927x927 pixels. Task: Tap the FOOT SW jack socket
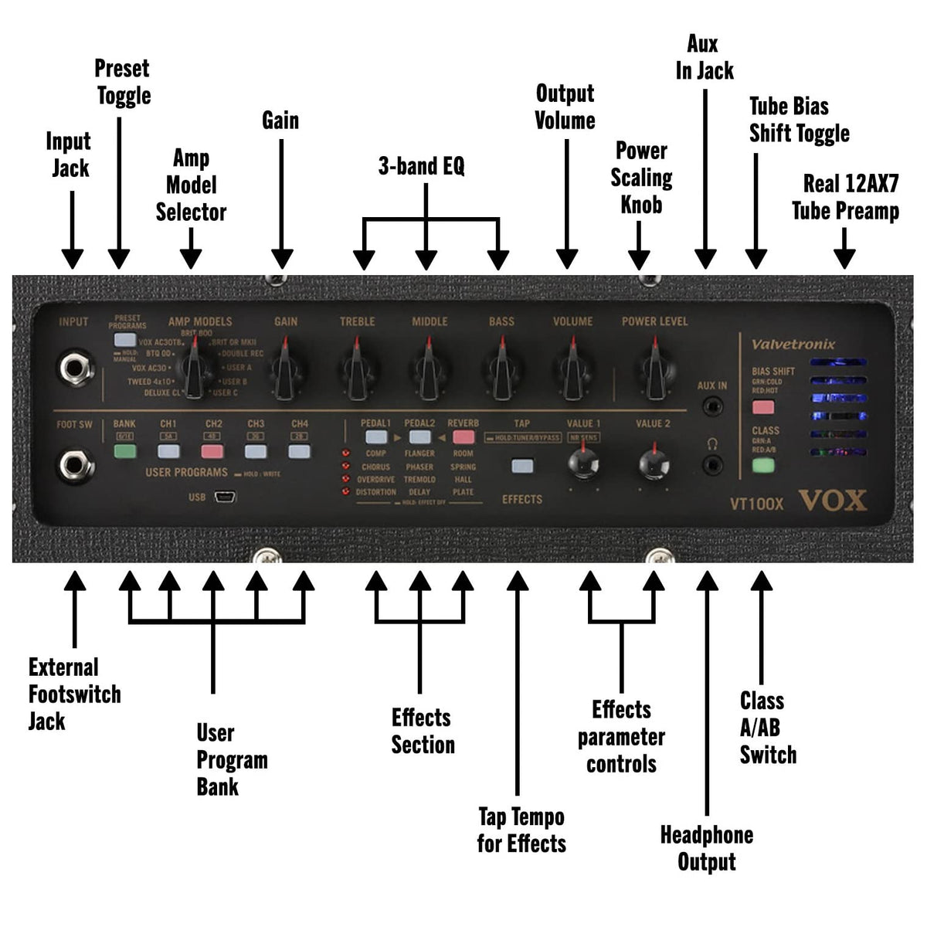pos(76,464)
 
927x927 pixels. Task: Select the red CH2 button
pos(212,452)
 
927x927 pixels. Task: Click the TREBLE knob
pos(356,370)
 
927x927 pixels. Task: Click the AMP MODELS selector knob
pos(198,372)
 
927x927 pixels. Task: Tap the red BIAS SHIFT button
pos(763,407)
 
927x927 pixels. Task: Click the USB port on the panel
pos(225,497)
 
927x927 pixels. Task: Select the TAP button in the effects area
pos(522,466)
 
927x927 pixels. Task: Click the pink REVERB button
pos(463,437)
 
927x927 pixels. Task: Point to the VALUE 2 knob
pos(654,464)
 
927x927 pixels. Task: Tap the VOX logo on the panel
pos(832,501)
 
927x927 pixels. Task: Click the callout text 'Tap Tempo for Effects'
pos(521,830)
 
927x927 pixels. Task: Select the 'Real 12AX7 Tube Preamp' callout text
pos(847,197)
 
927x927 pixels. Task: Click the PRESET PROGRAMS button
pos(124,340)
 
